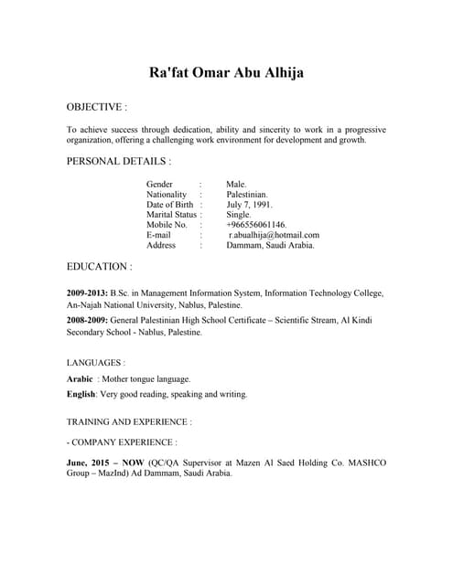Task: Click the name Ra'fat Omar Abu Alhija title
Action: (226, 72)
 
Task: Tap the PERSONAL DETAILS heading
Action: (118, 161)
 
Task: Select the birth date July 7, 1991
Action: (249, 205)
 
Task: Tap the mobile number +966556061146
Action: (256, 225)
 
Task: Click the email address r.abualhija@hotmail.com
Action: (274, 235)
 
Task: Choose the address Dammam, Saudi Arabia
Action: (271, 245)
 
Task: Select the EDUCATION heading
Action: (99, 267)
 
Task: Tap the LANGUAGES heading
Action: (96, 363)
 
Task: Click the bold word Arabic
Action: (80, 378)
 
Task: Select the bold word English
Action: (81, 394)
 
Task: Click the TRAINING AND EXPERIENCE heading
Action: (129, 422)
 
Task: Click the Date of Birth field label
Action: (171, 205)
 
